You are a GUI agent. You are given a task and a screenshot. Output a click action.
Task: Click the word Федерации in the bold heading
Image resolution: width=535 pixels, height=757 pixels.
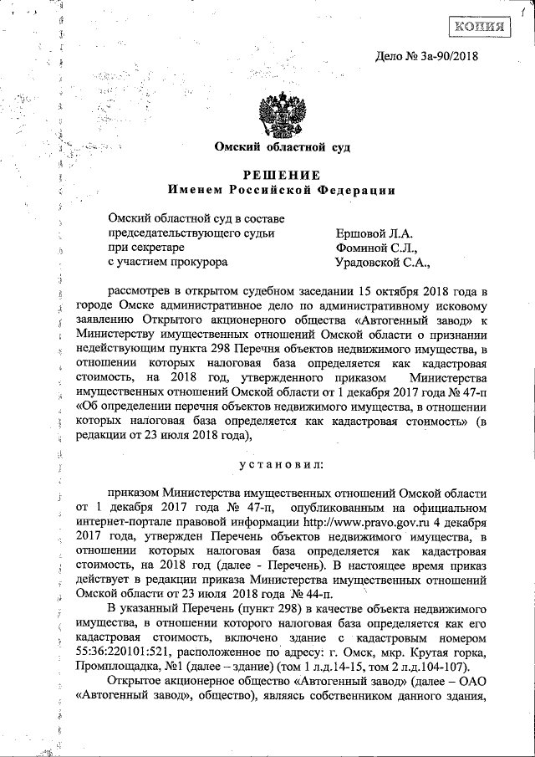[x=359, y=189]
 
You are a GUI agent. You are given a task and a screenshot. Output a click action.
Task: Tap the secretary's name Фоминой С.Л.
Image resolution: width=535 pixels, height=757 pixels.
[x=370, y=248]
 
